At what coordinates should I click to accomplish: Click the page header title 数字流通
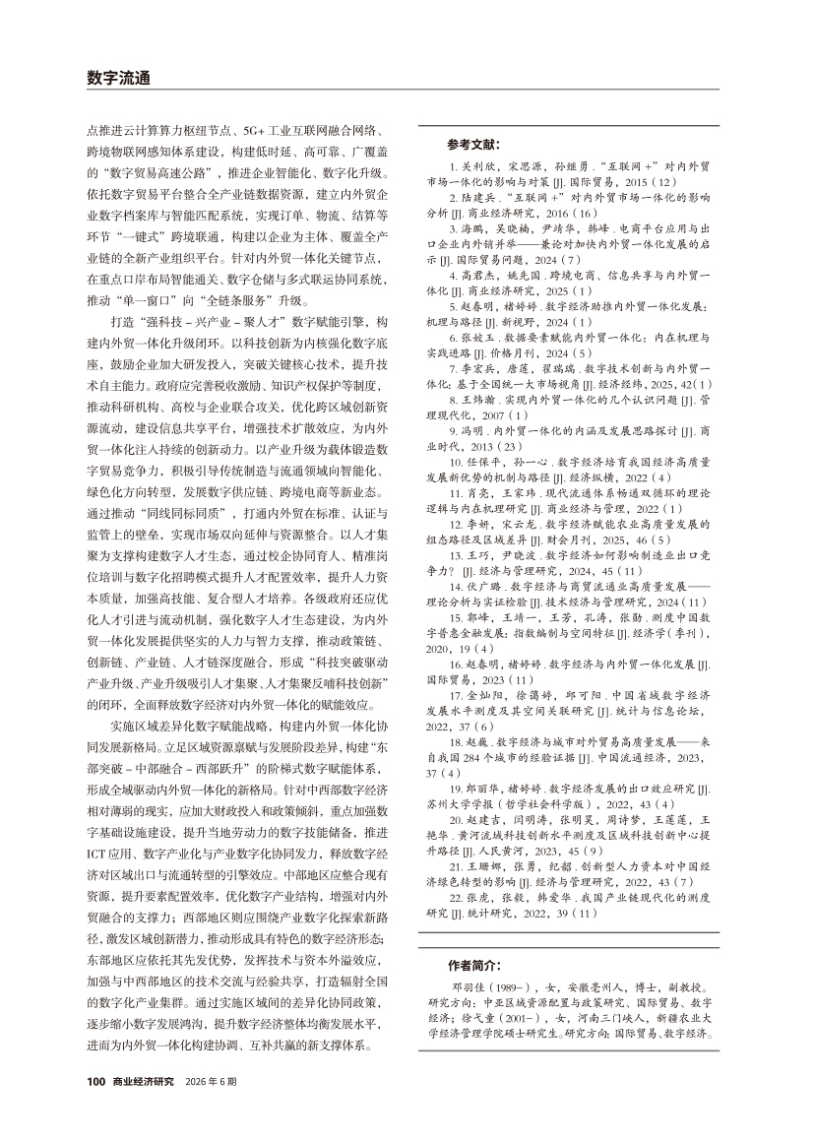pos(119,78)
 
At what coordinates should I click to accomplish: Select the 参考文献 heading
pos(472,143)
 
